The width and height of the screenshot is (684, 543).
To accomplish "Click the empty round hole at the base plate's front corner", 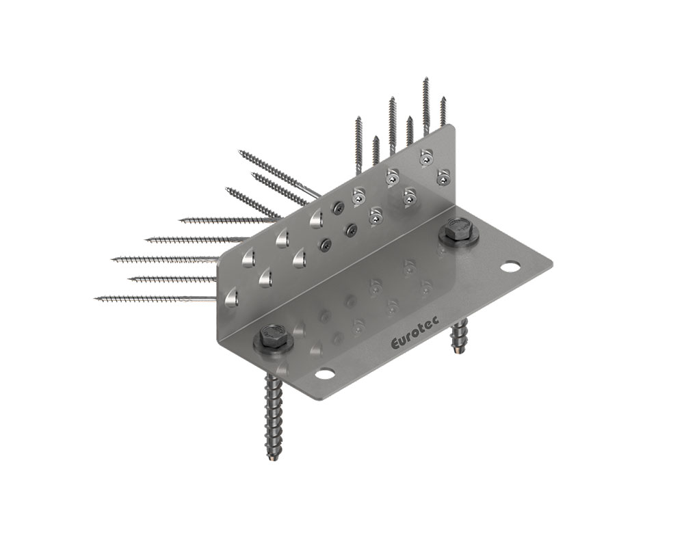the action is [325, 374].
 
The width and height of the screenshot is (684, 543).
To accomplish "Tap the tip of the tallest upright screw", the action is [425, 79].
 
